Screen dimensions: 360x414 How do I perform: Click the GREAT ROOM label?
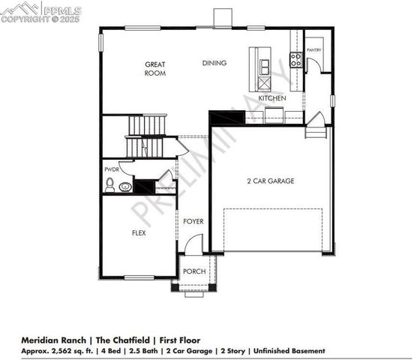coord(155,69)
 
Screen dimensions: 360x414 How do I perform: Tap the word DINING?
coord(214,63)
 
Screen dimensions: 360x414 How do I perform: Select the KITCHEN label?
coord(271,98)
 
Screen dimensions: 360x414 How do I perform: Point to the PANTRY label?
coord(313,50)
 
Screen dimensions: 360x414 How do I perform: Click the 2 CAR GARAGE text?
coord(270,181)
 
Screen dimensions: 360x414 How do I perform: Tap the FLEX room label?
coord(139,233)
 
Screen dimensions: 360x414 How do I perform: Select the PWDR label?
coord(111,169)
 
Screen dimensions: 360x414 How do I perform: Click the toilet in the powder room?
coord(109,184)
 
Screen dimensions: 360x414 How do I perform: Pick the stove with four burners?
coord(295,60)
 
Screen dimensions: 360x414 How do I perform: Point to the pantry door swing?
coord(318,65)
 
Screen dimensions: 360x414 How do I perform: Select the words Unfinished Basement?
coord(289,350)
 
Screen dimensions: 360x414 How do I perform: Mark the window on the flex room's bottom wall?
coord(139,277)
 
